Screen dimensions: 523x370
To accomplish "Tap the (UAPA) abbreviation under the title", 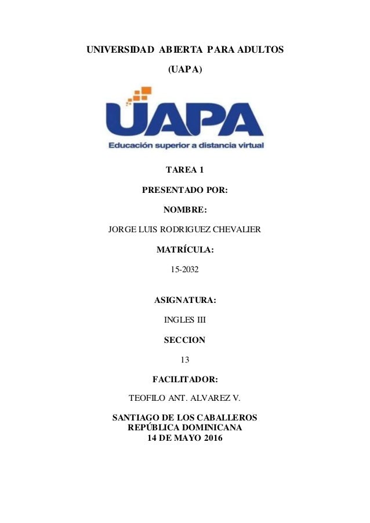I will point(185,70).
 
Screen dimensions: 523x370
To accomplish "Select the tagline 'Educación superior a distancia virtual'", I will point(186,146).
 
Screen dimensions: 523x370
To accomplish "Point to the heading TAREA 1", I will point(185,170).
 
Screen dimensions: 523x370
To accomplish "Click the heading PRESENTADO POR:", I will point(185,190).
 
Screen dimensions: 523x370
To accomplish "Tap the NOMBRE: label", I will point(185,210).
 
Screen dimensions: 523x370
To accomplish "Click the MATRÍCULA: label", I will point(185,250).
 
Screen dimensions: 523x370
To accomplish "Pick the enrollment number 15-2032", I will point(185,270).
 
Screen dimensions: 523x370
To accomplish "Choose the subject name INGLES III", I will point(185,320).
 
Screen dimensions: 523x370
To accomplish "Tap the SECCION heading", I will point(185,340).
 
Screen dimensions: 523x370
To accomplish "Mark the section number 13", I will point(185,360).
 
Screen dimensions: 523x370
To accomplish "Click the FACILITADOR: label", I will point(185,380).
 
